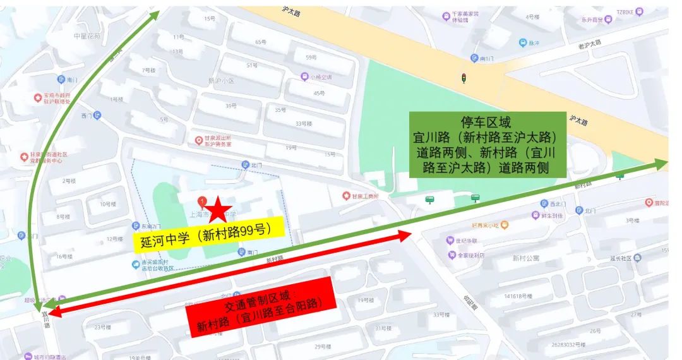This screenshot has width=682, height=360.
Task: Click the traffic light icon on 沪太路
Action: [464, 78]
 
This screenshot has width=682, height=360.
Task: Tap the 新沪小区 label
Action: [221, 81]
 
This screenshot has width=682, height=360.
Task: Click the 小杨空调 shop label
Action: [320, 77]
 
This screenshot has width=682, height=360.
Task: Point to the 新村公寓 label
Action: [526, 258]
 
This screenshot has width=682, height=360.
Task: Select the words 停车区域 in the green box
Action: [486, 123]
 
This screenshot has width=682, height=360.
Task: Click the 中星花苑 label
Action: [88, 35]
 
